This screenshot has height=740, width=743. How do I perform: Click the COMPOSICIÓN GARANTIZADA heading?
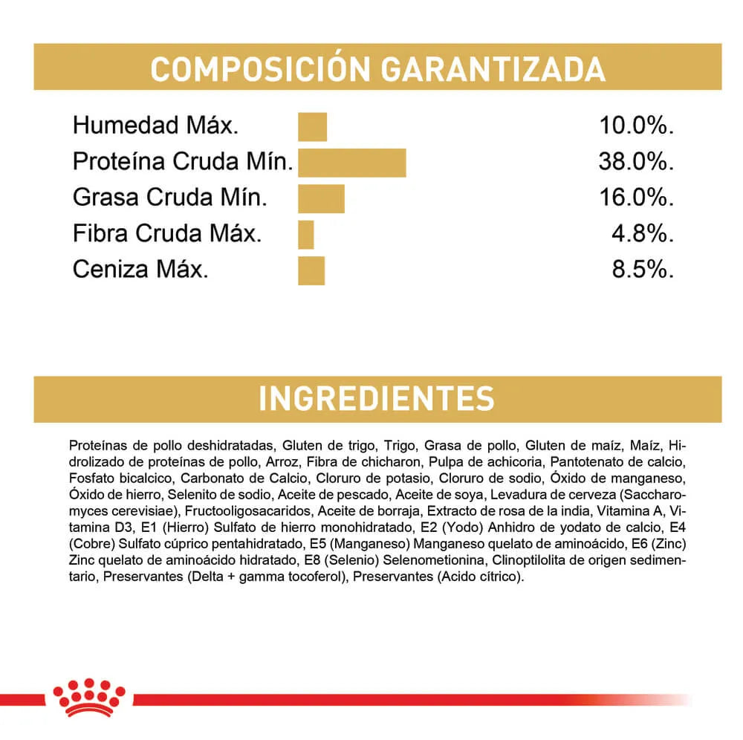tap(377, 68)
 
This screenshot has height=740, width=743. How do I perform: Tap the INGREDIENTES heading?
tap(376, 398)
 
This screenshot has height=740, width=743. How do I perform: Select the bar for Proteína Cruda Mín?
tap(351, 163)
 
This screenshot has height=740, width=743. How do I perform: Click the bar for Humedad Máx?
tap(312, 126)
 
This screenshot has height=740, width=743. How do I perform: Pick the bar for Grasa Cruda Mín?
tap(321, 198)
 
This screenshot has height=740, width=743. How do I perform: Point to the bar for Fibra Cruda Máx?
tap(306, 234)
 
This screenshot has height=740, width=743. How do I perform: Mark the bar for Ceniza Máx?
tap(311, 270)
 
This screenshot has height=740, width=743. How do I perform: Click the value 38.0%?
tap(636, 161)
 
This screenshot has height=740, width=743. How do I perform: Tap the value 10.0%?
tap(636, 126)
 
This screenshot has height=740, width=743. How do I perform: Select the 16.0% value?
tap(636, 198)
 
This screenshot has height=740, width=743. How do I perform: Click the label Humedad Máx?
tap(155, 126)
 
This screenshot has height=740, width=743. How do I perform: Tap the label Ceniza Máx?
tap(140, 269)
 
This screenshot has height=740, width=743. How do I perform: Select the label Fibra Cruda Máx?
tap(167, 233)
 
